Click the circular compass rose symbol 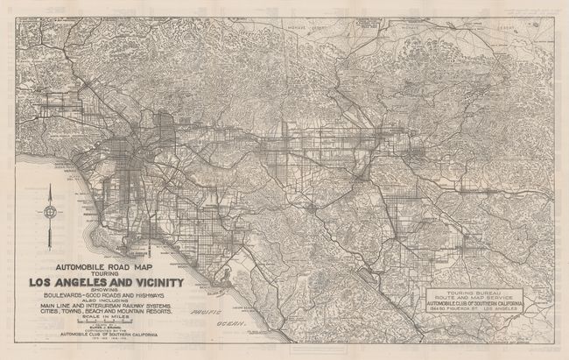[x=53, y=210]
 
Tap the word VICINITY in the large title [x=152, y=282]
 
